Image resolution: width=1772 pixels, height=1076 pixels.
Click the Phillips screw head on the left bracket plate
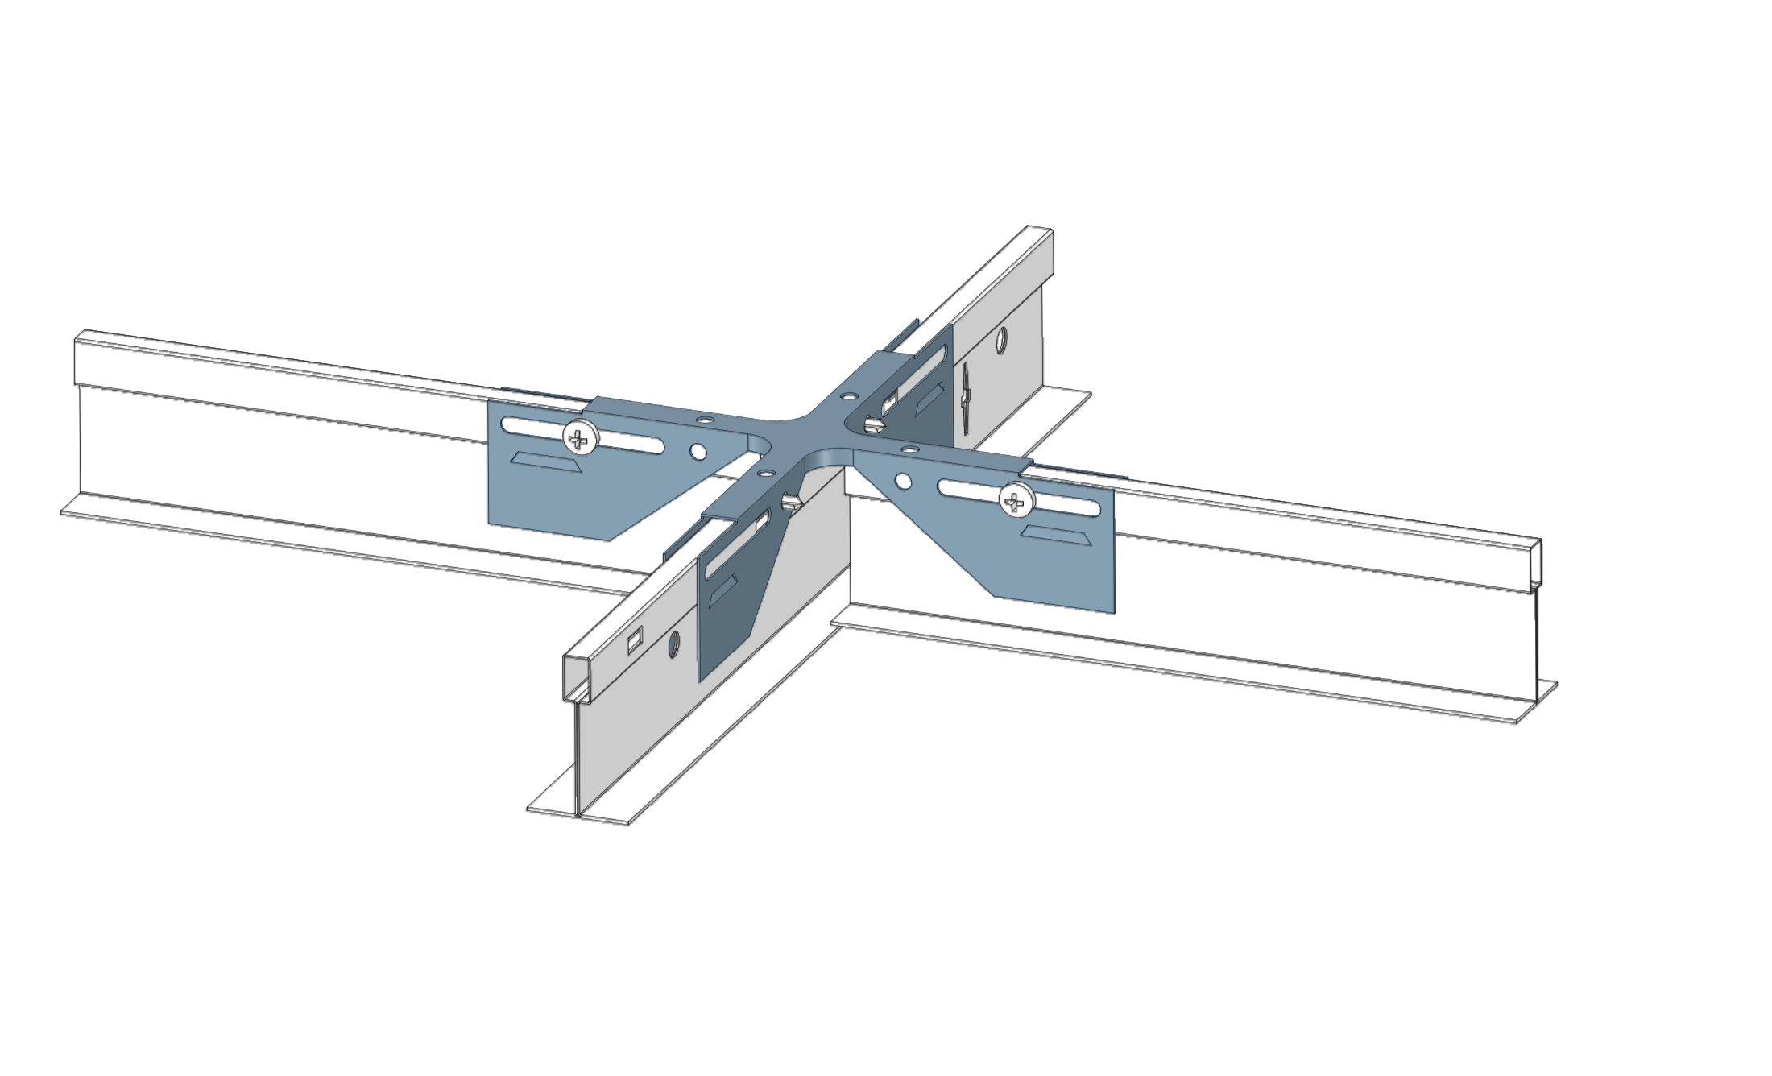(x=580, y=438)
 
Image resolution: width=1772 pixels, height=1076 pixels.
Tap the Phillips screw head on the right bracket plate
(x=1015, y=502)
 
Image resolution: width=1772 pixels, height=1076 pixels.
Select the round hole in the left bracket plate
(x=698, y=452)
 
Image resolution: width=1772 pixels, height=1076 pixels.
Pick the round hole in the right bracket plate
(x=903, y=482)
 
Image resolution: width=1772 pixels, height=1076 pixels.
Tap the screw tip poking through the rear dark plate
(x=873, y=423)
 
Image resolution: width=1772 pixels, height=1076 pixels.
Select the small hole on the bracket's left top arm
(x=706, y=420)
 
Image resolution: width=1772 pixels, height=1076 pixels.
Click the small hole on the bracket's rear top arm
(x=848, y=396)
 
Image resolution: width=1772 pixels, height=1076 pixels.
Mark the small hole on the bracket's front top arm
(x=764, y=474)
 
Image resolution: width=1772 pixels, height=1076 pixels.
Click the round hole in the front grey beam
(x=673, y=644)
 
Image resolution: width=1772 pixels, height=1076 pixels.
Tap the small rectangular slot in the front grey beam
(x=635, y=640)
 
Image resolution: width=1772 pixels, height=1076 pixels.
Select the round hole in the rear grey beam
(x=1001, y=340)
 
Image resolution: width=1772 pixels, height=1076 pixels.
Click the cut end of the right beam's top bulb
(x=1536, y=564)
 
